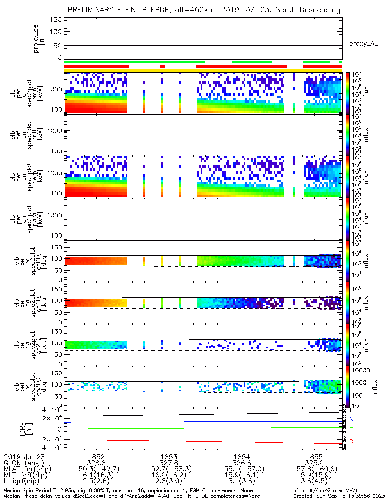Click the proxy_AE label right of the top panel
coord(363,44)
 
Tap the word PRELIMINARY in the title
coord(93,10)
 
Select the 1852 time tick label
coord(96,456)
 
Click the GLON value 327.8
coord(168,463)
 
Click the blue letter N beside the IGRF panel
coord(351,419)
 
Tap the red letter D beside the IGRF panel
coord(351,442)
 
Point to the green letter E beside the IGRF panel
coord(351,426)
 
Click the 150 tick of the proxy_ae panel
coord(56,20)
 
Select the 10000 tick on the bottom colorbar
coord(357,370)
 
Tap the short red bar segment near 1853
coord(162,66)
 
